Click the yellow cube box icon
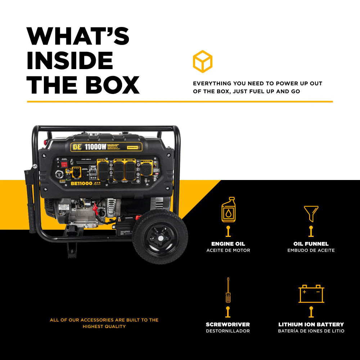click(x=202, y=62)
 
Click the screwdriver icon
click(x=228, y=290)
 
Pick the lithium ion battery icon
click(x=311, y=294)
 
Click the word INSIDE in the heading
click(x=70, y=60)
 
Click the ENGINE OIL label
click(x=228, y=244)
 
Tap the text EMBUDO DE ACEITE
click(x=311, y=250)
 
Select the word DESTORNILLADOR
click(x=228, y=331)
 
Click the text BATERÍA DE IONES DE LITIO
click(x=311, y=331)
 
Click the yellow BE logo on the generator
click(x=77, y=147)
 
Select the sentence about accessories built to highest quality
click(x=104, y=323)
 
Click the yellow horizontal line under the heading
click(x=180, y=102)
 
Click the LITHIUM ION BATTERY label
click(x=311, y=324)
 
